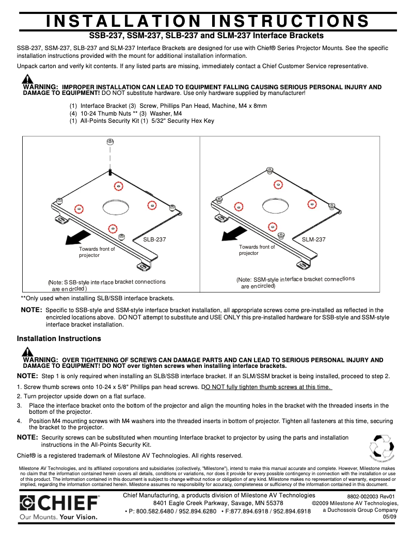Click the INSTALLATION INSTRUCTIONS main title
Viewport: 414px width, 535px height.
pos(207,21)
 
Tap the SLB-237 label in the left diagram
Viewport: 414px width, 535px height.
pos(155,239)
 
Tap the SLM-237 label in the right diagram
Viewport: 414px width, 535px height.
pos(314,239)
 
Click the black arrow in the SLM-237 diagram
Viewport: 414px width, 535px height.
pos(231,235)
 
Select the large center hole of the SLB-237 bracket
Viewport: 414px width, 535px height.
pos(116,207)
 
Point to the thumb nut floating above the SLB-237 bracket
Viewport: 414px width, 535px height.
pos(109,142)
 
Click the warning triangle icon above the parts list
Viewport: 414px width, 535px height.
pos(28,80)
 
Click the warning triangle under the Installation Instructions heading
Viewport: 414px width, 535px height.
pos(28,352)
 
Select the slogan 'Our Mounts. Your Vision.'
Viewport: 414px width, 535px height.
pos(58,516)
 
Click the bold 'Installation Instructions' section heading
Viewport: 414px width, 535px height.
pos(59,339)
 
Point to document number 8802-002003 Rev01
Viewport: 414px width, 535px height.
pos(371,496)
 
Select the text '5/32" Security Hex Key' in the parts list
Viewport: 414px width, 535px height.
pos(181,121)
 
